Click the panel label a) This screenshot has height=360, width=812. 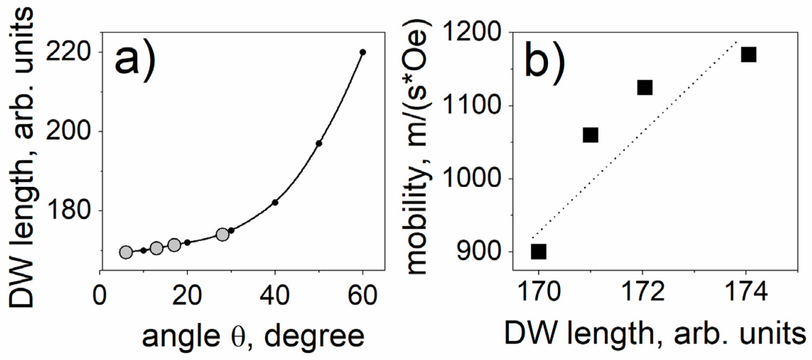coord(135,61)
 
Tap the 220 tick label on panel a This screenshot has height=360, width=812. coord(67,52)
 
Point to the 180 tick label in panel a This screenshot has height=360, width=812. coord(67,211)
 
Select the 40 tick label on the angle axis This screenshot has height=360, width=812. coord(275,295)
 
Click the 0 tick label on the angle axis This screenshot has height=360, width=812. coord(100,295)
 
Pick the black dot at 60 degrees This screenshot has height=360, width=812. coord(362,52)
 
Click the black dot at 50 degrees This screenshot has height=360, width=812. coord(319,143)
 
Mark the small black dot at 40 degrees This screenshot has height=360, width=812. coord(275,203)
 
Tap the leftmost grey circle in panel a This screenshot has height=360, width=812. coord(126,253)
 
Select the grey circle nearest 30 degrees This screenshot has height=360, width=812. coord(223,234)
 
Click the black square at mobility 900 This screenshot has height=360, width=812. coord(538,252)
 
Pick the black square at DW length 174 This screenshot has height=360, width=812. coord(748,55)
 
